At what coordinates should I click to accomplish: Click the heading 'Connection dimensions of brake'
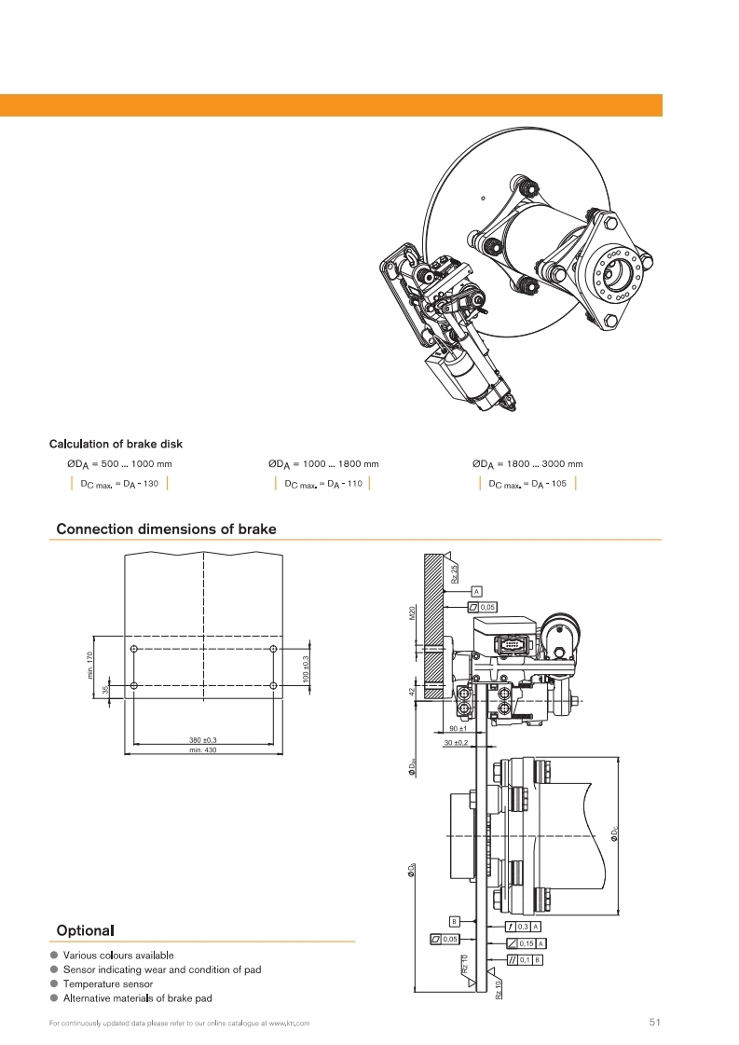(166, 529)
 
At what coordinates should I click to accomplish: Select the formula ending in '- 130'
(119, 483)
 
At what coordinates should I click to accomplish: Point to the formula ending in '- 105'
(527, 483)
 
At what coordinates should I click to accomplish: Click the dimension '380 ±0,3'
(202, 740)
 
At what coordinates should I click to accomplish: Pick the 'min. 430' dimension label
(202, 749)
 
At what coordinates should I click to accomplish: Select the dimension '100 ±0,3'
(307, 667)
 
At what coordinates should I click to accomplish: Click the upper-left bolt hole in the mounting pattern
(134, 649)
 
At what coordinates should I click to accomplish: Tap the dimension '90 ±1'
(458, 728)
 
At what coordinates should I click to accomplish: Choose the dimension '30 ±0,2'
(457, 742)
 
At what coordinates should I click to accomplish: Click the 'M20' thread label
(412, 612)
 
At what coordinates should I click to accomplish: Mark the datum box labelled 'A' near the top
(476, 591)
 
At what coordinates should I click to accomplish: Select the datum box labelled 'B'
(455, 921)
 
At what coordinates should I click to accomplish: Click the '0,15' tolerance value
(527, 943)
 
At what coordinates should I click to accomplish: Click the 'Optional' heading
(85, 930)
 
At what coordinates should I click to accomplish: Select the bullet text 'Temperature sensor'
(108, 983)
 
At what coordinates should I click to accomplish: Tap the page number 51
(654, 1023)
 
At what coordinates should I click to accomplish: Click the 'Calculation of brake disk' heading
(122, 444)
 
